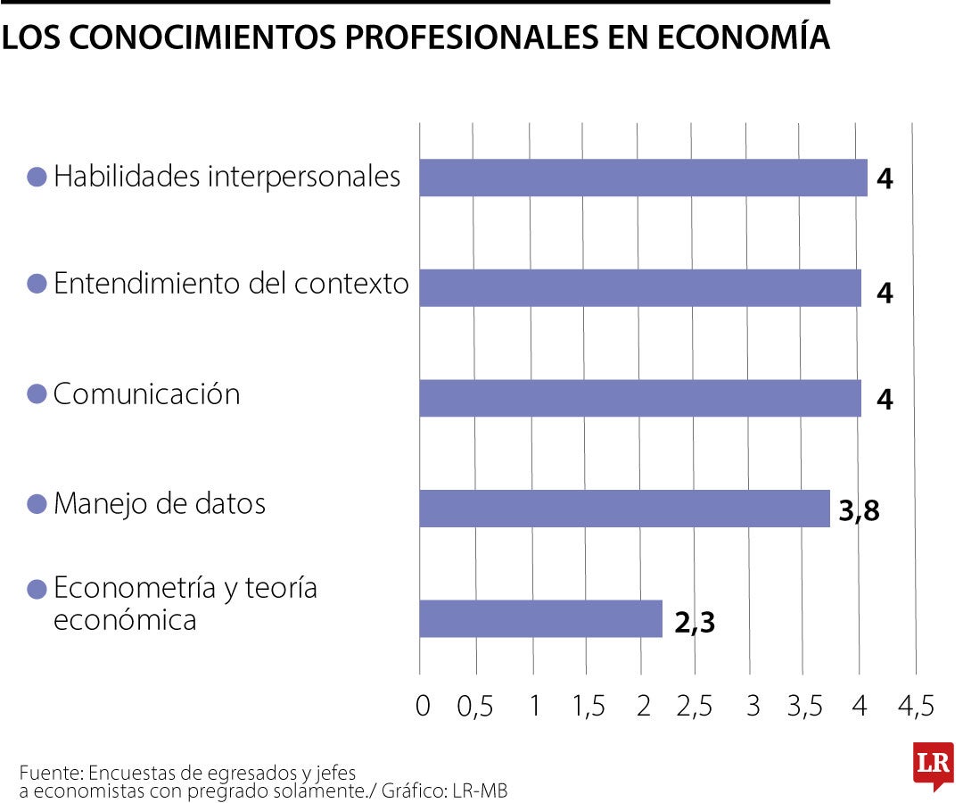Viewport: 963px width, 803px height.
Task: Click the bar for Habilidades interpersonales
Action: coord(643,178)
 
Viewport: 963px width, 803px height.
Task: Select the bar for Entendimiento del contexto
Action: coord(640,288)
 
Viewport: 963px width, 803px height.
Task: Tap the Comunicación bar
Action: coord(640,398)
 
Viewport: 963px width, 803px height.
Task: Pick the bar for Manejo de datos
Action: coord(624,508)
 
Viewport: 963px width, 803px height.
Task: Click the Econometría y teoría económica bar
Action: coord(540,618)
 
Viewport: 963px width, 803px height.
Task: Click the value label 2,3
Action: coord(695,622)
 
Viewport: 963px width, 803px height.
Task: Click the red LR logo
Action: coord(933,765)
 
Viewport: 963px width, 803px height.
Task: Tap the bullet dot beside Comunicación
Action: coord(37,394)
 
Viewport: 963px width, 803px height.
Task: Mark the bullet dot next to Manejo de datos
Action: coord(37,504)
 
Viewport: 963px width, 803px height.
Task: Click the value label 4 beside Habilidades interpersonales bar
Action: coord(884,179)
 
